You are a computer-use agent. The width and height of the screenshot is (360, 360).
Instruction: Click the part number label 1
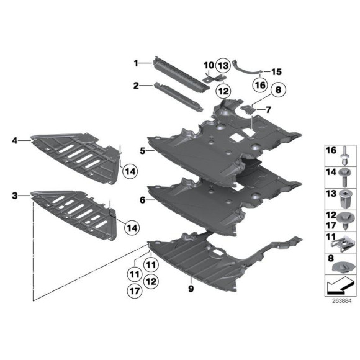click(x=136, y=63)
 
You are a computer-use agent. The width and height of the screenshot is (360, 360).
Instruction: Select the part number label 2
click(x=136, y=86)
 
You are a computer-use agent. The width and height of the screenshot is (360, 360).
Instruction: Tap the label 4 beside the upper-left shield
click(x=15, y=140)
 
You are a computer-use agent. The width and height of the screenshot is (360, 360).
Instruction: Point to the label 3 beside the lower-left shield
click(x=15, y=196)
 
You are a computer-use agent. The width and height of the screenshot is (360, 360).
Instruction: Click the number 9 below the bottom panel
click(x=191, y=289)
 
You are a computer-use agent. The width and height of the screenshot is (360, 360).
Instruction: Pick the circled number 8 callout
click(x=278, y=89)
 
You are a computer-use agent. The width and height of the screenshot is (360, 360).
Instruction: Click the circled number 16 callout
click(x=260, y=85)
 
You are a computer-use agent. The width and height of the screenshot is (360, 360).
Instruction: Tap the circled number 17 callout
click(x=135, y=291)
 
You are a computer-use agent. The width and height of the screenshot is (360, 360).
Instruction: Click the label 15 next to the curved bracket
click(x=276, y=72)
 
